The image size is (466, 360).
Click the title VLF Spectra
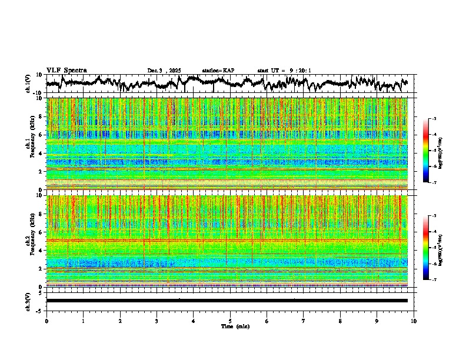click(66, 71)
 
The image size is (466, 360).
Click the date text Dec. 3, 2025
click(164, 71)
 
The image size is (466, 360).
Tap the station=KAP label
click(218, 71)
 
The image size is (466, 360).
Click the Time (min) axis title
click(235, 326)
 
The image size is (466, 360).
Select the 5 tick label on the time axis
click(230, 321)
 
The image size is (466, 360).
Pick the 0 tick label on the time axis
click(46, 321)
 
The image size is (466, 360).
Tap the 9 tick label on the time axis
click(377, 321)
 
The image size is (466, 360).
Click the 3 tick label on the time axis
click(157, 321)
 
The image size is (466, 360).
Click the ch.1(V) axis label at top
click(28, 84)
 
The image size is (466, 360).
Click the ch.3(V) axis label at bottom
click(28, 301)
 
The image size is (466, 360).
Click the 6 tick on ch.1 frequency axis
click(41, 135)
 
